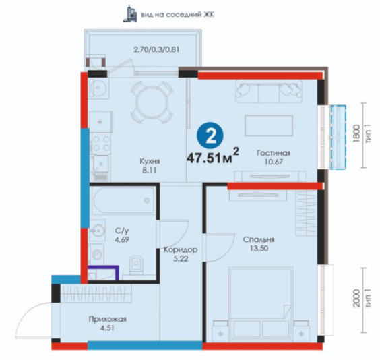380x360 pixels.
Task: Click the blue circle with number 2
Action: point(210,136)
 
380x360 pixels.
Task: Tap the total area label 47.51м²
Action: point(212,157)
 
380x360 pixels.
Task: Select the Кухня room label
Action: point(150,161)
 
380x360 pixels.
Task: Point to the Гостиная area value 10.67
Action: point(274,162)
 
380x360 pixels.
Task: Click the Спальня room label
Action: point(259,240)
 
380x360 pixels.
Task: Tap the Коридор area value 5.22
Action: point(181,259)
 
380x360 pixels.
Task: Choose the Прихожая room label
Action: point(108,319)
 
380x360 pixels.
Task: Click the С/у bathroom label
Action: point(122,231)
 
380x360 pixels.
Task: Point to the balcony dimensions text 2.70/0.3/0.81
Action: point(156,49)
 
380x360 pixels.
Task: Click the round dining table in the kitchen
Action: point(152,102)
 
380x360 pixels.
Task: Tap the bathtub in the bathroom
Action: point(123,200)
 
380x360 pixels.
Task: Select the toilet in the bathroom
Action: point(137,264)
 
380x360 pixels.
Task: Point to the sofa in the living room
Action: point(269,92)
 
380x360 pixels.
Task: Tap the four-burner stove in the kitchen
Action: point(100,144)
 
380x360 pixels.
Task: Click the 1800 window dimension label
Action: point(356,134)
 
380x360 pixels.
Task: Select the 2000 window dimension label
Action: point(356,299)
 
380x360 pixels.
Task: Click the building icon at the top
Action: point(130,13)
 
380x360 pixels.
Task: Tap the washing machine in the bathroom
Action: point(97,254)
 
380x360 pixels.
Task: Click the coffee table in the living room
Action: point(269,125)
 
